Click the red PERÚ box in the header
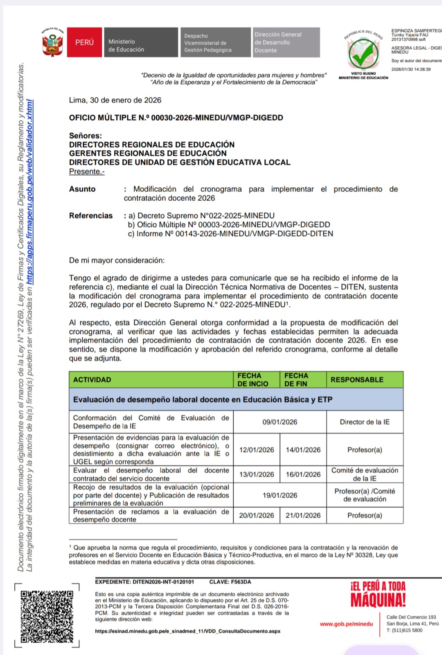click(84, 42)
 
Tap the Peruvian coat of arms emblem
click(52, 44)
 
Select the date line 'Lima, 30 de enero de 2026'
click(115, 100)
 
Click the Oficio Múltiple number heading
click(176, 118)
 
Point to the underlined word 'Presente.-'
click(87, 172)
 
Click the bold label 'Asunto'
click(82, 189)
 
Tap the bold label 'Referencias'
click(91, 216)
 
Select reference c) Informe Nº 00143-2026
click(231, 234)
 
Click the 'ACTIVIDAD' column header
click(92, 380)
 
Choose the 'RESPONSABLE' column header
click(357, 380)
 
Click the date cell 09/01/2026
click(280, 422)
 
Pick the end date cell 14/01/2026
click(303, 450)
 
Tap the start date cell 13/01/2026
click(257, 474)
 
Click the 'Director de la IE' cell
click(365, 422)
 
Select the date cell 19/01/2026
click(280, 496)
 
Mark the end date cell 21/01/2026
click(303, 515)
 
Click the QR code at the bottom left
click(47, 616)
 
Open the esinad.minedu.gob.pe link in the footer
click(188, 631)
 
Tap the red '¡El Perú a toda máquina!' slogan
click(378, 594)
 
